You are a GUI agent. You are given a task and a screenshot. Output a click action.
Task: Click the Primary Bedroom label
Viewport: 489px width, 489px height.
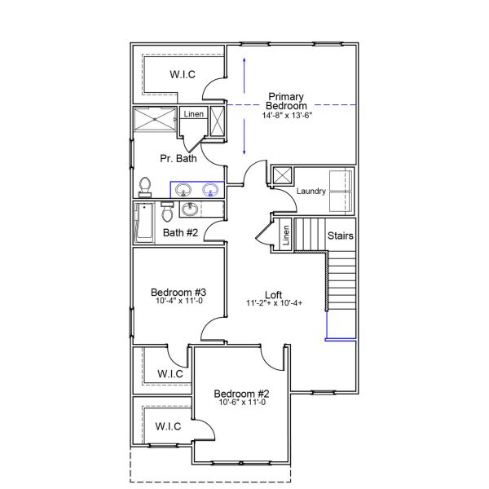coord(287,100)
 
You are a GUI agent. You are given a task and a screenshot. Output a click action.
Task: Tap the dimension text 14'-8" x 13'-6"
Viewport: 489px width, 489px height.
coord(287,116)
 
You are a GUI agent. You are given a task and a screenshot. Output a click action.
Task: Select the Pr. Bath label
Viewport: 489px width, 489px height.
coord(179,158)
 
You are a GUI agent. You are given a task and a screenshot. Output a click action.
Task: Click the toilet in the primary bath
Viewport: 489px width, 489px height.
coord(146,187)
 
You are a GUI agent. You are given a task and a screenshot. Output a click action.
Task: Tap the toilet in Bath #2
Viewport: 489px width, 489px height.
coord(167,213)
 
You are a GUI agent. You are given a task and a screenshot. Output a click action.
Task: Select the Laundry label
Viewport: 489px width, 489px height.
coord(311,192)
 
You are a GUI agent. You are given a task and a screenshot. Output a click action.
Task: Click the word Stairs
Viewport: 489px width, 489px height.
coord(341,236)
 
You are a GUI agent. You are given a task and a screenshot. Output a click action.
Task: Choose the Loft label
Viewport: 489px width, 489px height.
coord(275,294)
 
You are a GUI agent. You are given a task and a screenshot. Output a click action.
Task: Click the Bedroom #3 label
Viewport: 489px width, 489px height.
coord(178,293)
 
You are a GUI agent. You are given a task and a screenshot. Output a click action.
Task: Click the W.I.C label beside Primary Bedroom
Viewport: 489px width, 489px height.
coord(182,74)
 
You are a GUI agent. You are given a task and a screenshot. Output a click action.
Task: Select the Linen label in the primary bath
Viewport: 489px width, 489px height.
coord(193,114)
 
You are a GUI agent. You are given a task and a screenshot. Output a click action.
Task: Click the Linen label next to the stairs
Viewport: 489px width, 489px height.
coord(285,236)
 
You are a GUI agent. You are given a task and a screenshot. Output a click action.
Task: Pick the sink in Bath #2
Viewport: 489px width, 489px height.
coord(191,210)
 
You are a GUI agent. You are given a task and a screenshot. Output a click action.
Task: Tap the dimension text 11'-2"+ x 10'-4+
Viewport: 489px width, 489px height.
coord(275,303)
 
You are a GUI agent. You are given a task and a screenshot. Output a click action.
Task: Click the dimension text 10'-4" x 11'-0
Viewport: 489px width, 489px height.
coord(178,302)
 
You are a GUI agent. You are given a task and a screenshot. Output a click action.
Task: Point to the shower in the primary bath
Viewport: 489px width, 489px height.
coord(154,121)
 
